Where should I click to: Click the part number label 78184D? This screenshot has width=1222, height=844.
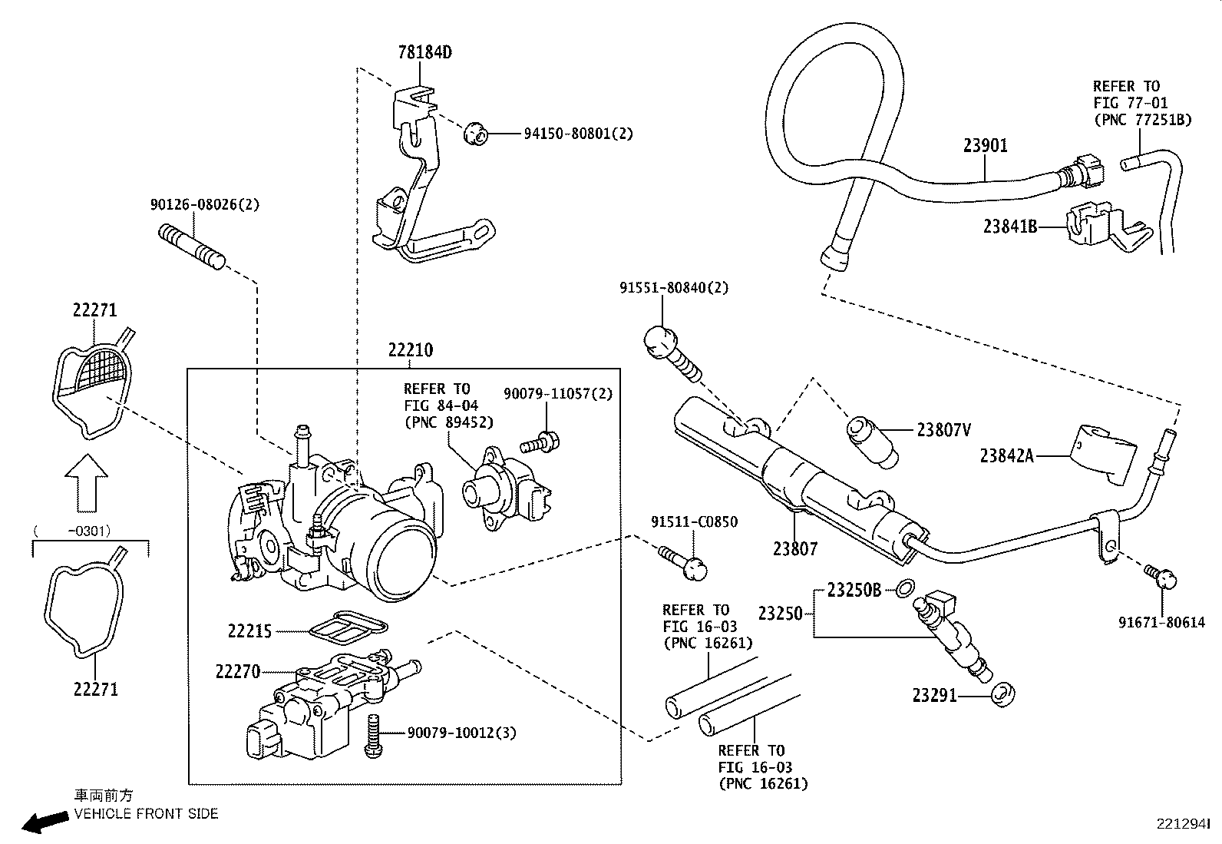(x=424, y=52)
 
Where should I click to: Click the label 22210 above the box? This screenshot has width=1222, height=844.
(x=410, y=350)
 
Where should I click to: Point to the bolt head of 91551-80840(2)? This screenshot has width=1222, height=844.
(x=659, y=340)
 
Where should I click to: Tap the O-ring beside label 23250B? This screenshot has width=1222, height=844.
(x=905, y=589)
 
